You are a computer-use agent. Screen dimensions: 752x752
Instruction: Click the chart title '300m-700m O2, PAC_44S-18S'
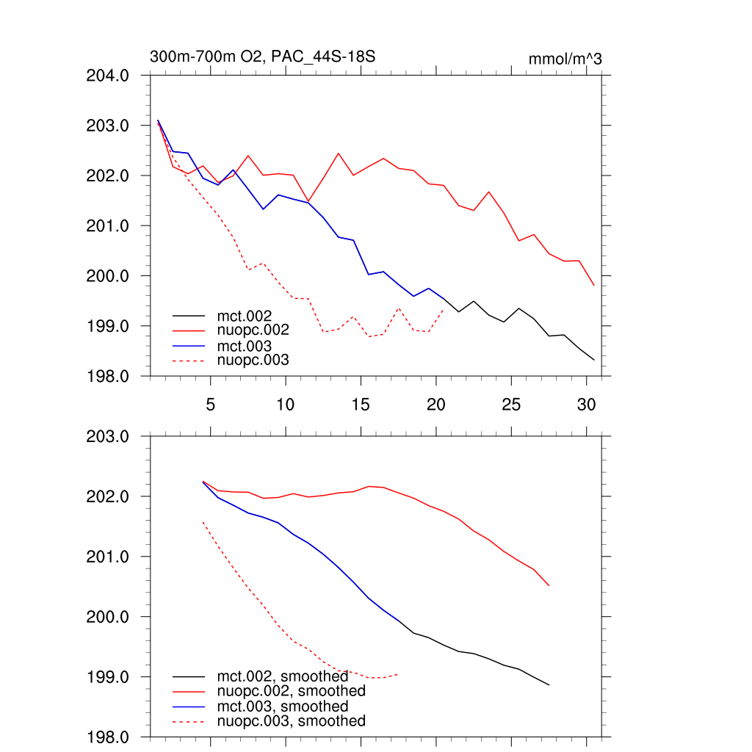click(x=263, y=57)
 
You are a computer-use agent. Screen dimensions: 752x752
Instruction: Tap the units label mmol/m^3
click(x=565, y=59)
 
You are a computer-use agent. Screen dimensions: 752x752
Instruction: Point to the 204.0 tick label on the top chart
click(x=109, y=76)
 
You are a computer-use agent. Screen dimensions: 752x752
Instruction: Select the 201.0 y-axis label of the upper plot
click(x=109, y=226)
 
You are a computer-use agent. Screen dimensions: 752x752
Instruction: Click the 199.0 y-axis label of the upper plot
click(x=109, y=326)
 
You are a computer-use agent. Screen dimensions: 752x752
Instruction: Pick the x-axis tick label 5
click(x=211, y=405)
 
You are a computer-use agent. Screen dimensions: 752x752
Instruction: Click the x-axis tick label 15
click(x=361, y=405)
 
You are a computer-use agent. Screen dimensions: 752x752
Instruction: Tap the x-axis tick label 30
click(x=586, y=405)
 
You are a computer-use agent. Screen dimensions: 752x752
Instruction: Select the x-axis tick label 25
click(x=511, y=405)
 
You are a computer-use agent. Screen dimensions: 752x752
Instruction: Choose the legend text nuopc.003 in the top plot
click(x=253, y=360)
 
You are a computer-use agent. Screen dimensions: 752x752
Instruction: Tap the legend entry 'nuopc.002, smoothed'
click(x=291, y=691)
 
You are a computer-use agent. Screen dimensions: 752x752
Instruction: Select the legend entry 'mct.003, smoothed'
click(x=283, y=706)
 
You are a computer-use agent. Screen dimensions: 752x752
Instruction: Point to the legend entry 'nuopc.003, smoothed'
click(x=291, y=721)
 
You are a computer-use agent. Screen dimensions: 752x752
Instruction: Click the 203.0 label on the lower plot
click(x=109, y=437)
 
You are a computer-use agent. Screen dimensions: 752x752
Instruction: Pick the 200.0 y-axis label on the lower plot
click(x=109, y=617)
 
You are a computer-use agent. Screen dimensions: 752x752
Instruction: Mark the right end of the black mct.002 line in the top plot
click(x=594, y=360)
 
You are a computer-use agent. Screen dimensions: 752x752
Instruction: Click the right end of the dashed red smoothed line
click(x=398, y=673)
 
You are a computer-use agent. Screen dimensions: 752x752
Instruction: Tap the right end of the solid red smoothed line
click(x=549, y=586)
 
